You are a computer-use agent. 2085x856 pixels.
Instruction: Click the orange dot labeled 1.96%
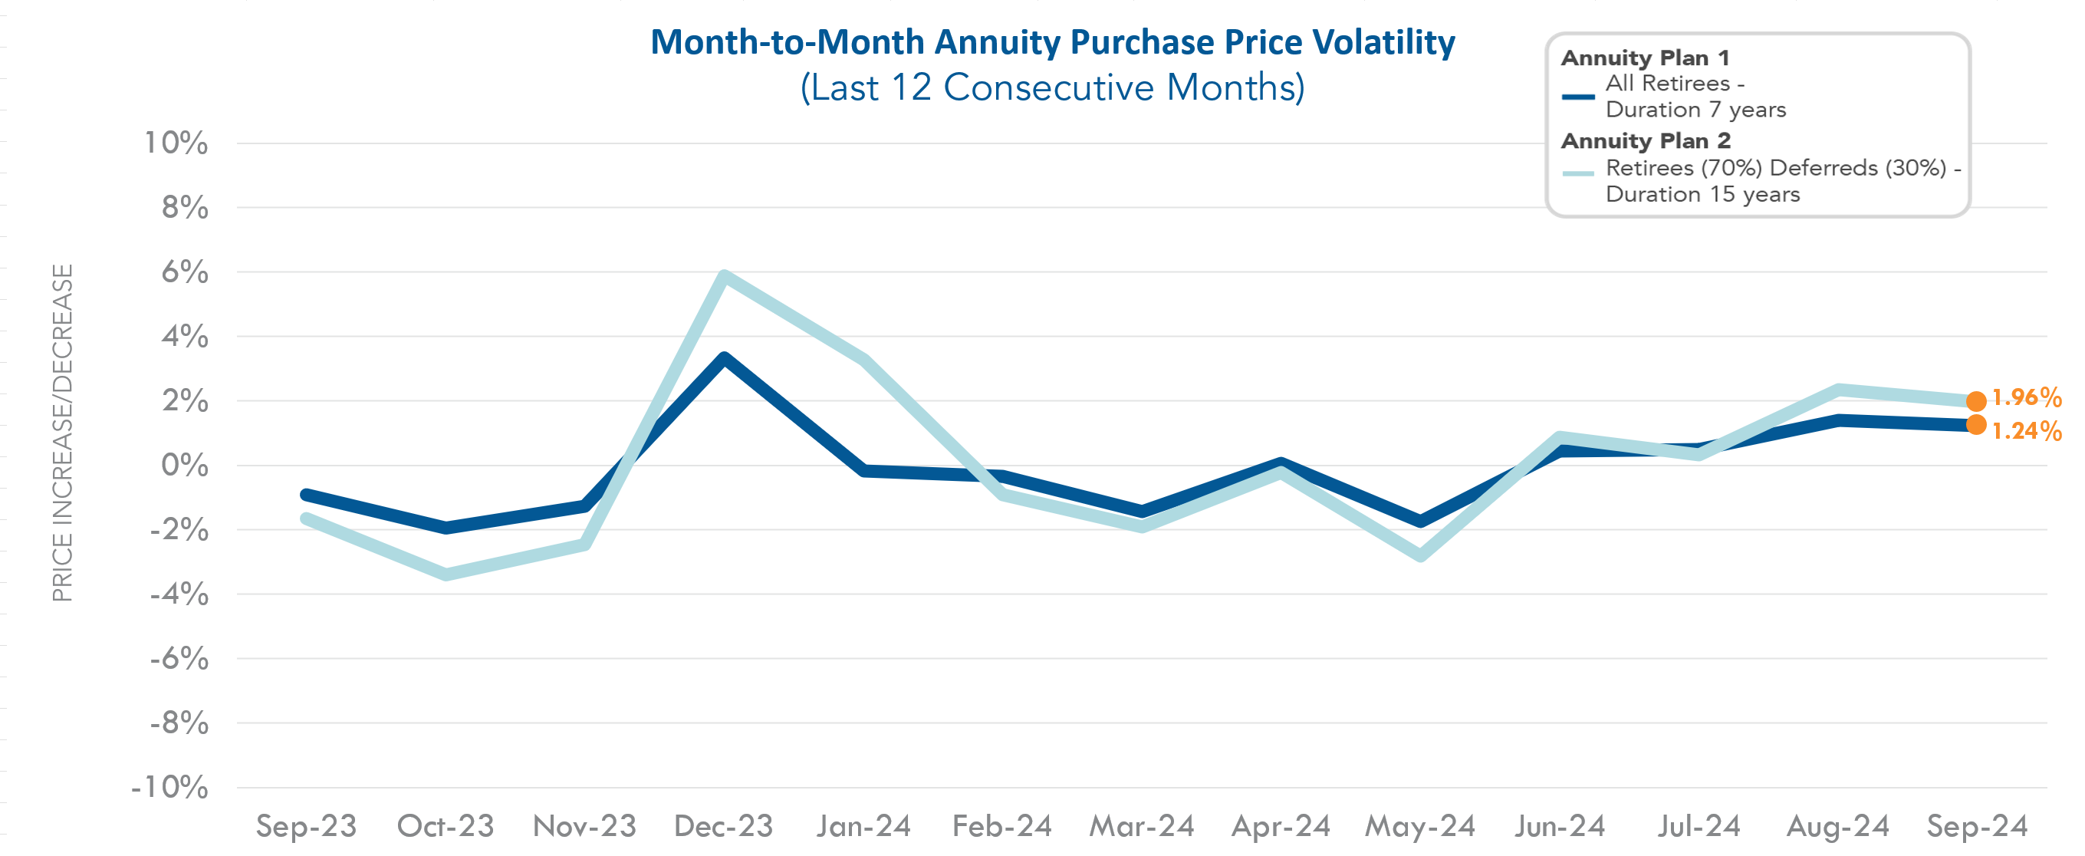click(1976, 401)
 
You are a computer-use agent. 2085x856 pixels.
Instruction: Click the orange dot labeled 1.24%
click(1976, 424)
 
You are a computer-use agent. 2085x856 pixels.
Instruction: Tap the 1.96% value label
click(2026, 397)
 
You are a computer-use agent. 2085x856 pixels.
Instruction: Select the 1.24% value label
click(2026, 431)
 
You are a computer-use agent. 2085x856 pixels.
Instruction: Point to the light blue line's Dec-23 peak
click(725, 277)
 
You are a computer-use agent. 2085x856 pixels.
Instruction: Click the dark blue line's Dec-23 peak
click(725, 359)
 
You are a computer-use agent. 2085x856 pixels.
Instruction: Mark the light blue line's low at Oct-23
click(447, 575)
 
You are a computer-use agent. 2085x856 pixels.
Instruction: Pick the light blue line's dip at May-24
click(1420, 555)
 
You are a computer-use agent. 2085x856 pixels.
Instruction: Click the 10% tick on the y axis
click(176, 143)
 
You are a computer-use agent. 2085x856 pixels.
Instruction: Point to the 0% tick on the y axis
click(185, 466)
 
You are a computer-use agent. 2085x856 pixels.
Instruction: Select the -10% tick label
click(170, 787)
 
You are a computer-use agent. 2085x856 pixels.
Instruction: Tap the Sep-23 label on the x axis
click(306, 826)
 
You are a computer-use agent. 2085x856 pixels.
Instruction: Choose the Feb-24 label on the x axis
click(1002, 826)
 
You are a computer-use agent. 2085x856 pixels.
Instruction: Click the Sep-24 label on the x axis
click(1977, 826)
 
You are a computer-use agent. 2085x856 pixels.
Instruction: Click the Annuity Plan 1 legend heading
click(1645, 58)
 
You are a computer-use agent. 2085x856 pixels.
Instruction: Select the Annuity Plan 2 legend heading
click(1646, 141)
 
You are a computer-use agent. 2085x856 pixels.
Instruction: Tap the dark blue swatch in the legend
click(1577, 97)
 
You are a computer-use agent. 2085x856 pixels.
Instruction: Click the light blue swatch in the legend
click(1577, 173)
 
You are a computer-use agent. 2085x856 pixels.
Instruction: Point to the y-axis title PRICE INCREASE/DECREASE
click(62, 433)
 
